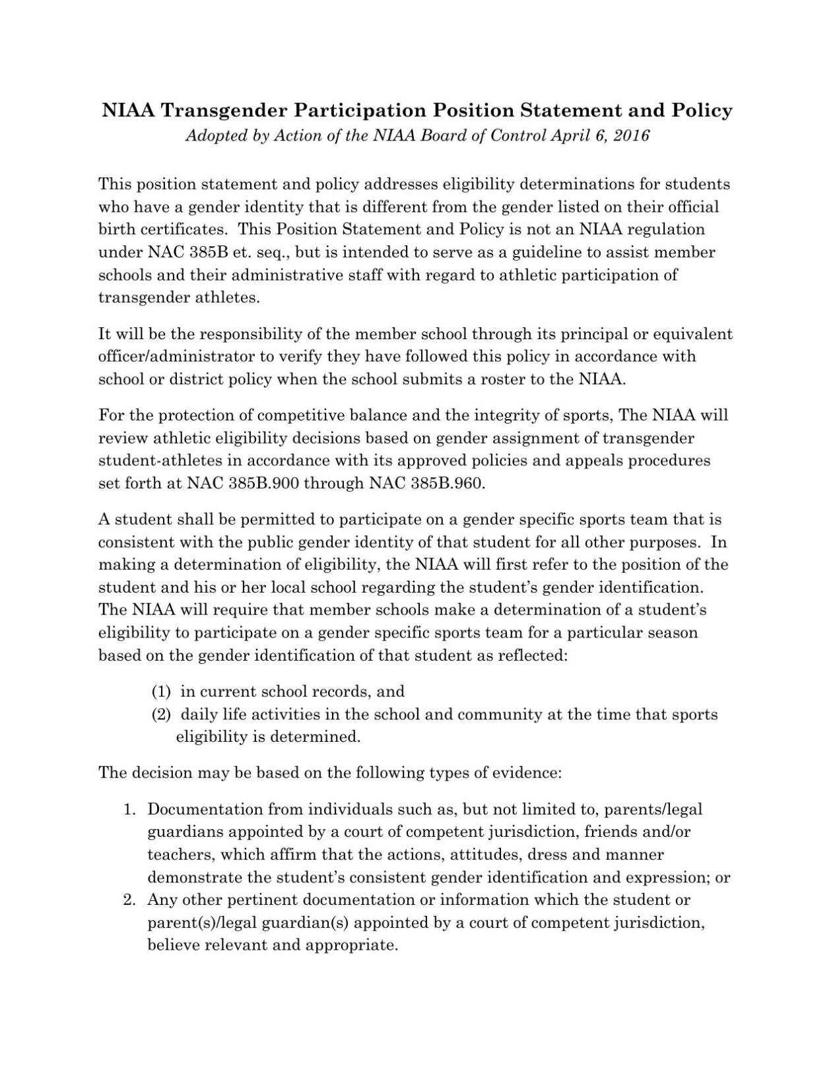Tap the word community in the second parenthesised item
(495, 714)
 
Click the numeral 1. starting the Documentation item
(130, 809)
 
